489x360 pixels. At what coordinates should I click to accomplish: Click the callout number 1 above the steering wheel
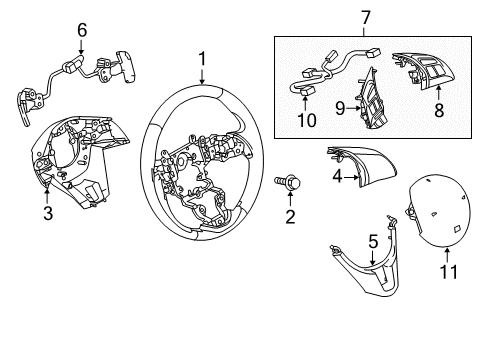point(202,59)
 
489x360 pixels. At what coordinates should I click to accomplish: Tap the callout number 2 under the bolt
point(290,217)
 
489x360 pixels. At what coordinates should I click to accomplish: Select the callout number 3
point(48,213)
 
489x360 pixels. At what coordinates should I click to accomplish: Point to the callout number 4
point(337,176)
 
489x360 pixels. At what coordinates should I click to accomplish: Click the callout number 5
point(373,241)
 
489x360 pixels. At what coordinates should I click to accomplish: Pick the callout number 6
point(82,30)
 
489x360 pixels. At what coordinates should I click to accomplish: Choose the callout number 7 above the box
point(366,18)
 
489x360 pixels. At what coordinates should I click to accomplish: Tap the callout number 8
point(439,110)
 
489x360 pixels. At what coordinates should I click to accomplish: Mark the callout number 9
point(340,108)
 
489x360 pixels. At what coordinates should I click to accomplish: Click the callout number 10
point(306,120)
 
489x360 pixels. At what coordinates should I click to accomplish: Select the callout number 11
point(449,272)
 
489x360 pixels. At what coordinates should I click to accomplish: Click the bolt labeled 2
point(287,182)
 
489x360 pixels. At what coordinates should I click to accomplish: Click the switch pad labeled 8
point(423,71)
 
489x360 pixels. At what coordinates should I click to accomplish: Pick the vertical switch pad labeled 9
point(371,100)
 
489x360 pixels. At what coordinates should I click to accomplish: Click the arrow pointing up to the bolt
point(290,198)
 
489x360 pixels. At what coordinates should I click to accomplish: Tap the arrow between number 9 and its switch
point(353,108)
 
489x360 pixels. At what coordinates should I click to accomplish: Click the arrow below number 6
point(81,46)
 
